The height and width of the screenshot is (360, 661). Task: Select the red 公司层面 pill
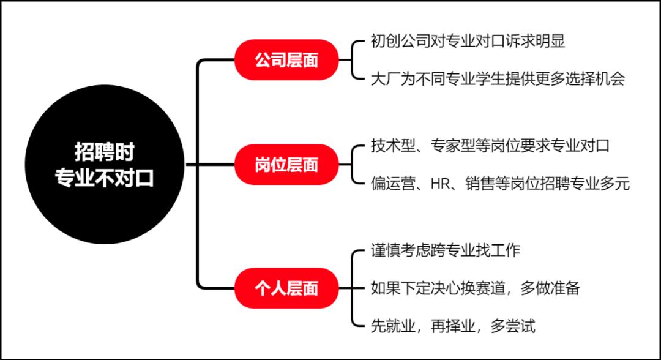click(x=286, y=60)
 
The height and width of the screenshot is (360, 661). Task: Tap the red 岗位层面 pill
click(x=286, y=165)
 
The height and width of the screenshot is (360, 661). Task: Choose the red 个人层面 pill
click(x=286, y=288)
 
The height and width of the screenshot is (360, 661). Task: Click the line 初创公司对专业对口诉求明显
click(x=468, y=41)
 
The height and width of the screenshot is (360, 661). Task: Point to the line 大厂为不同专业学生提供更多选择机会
click(x=498, y=79)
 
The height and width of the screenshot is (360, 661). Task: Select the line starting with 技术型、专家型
click(x=490, y=146)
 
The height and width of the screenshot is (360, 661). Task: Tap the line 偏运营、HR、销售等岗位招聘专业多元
click(x=500, y=184)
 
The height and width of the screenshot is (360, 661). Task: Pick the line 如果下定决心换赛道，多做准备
click(x=475, y=288)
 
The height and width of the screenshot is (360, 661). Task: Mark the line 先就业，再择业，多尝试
click(x=453, y=326)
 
